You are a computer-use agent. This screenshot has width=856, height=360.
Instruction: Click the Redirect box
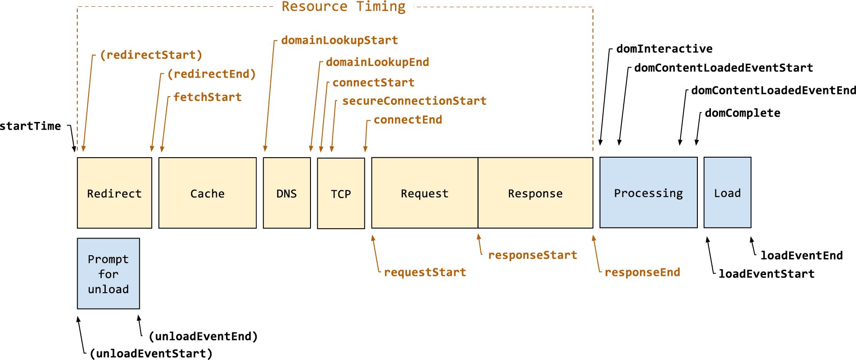coord(114,193)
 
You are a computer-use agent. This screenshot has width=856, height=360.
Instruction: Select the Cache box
coord(207,193)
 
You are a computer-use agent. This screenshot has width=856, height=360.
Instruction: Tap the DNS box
coord(287,193)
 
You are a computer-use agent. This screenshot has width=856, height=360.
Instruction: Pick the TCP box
coord(341,193)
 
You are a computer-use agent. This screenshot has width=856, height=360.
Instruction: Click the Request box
coord(424,193)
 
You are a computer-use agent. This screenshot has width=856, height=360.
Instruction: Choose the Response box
coord(535,193)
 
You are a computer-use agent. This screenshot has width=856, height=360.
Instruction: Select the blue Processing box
coord(648,192)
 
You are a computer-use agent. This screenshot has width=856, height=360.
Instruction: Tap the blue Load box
coord(727,192)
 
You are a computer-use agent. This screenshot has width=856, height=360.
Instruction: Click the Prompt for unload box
coord(108,274)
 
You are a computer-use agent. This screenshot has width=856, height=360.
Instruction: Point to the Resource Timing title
coord(343,7)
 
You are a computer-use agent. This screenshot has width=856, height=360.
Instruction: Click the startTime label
coord(30,126)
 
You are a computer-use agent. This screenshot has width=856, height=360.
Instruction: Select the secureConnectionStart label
coord(414,101)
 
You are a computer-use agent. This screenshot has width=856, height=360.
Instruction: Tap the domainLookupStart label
coord(339,40)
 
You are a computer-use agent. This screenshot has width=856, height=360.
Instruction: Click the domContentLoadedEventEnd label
coord(773,90)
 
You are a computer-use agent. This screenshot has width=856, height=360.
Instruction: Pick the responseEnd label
coord(642,272)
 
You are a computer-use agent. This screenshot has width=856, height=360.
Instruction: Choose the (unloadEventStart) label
coord(151,354)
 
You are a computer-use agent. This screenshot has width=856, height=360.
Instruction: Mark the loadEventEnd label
coord(801,256)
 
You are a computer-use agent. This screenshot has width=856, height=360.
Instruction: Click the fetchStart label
coord(207,97)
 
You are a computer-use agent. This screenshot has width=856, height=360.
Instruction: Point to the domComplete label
coord(742,113)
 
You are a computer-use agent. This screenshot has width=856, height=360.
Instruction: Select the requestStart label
coord(425,272)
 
